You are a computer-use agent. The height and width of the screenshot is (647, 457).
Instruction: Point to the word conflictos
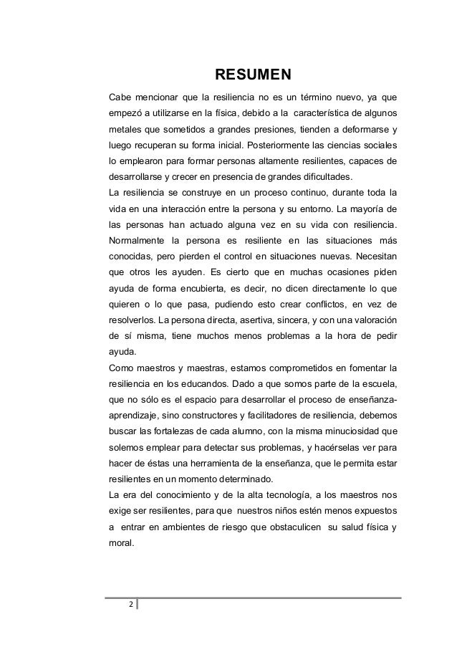pyautogui.click(x=323, y=310)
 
